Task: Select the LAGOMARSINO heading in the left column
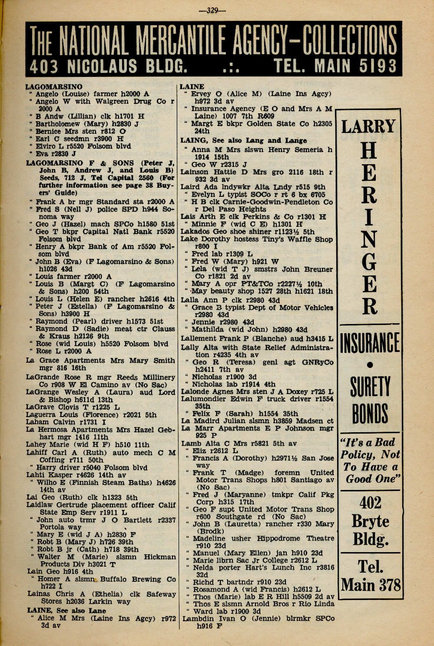54,86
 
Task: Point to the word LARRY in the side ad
368,126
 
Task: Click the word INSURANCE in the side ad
370,342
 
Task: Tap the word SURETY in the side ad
370,386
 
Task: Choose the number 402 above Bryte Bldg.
370,503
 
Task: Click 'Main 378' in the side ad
370,585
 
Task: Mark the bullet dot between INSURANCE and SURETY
370,365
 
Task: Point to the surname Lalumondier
205,399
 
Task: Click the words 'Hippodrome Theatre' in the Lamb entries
295,538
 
